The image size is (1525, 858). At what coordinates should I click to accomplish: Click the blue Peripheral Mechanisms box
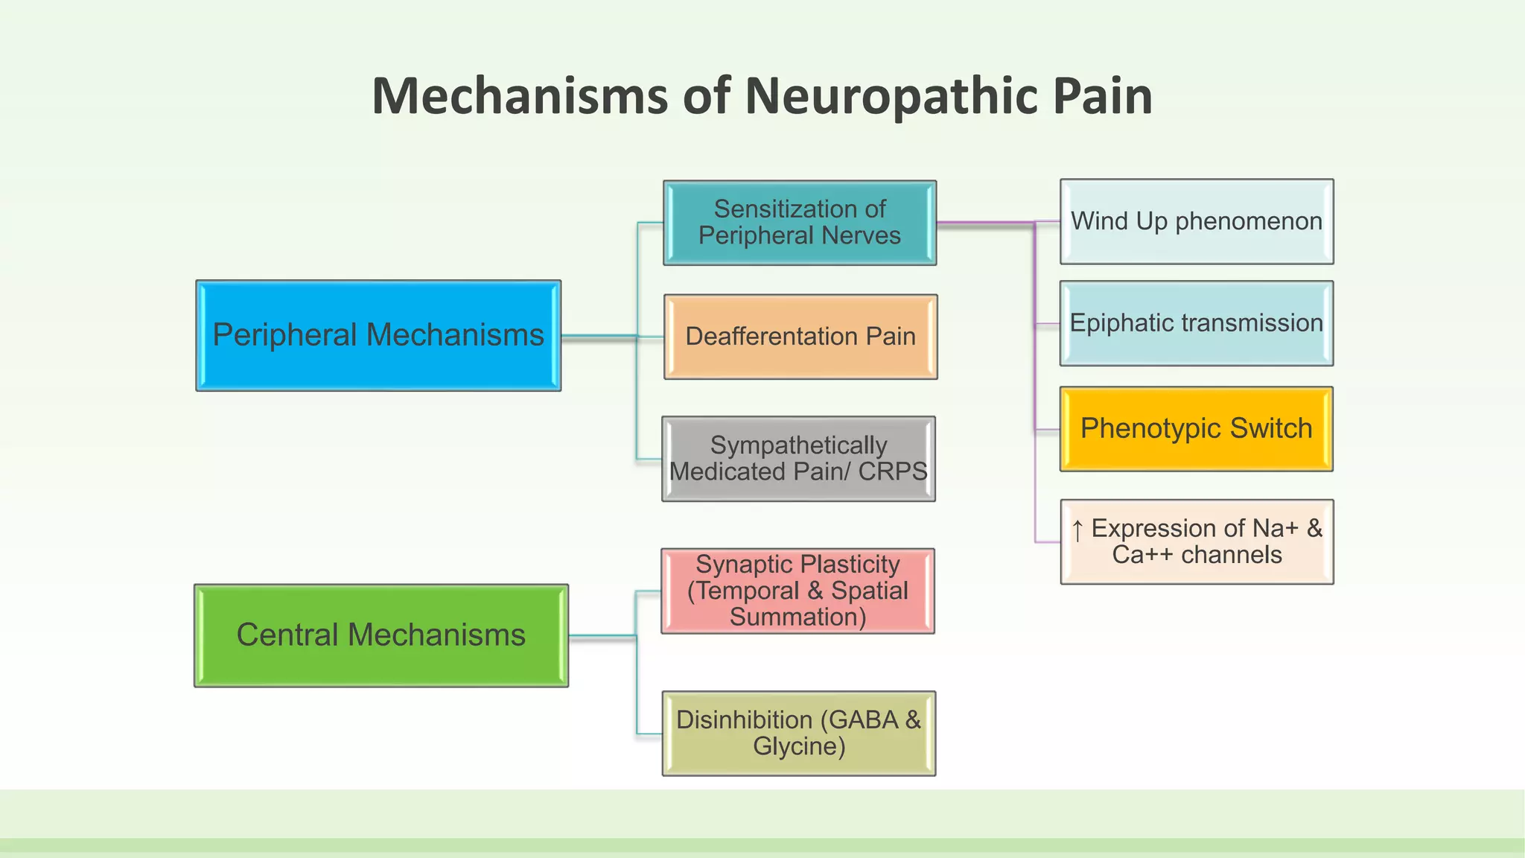click(378, 335)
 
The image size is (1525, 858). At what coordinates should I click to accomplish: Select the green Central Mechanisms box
click(381, 635)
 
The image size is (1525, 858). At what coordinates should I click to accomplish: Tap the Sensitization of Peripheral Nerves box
click(799, 222)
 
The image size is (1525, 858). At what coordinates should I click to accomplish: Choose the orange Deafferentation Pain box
click(800, 337)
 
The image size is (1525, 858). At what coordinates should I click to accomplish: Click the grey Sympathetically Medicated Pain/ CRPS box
click(798, 459)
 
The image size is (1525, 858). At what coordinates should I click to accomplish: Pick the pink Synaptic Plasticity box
click(797, 591)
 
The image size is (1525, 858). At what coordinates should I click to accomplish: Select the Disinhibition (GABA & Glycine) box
click(798, 734)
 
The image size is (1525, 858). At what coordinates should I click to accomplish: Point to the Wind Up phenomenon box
click(1196, 221)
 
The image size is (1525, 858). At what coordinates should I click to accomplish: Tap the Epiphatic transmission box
click(1196, 323)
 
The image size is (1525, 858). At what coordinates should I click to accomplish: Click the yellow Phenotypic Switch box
click(1196, 429)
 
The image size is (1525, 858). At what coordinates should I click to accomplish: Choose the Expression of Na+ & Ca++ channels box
click(1196, 541)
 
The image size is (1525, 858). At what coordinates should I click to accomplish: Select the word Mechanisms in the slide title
click(520, 97)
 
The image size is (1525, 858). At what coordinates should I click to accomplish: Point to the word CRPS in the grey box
click(892, 471)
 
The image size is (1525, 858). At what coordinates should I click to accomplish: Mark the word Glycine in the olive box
click(798, 746)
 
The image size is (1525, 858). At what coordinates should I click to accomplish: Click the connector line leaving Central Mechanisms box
click(602, 636)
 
